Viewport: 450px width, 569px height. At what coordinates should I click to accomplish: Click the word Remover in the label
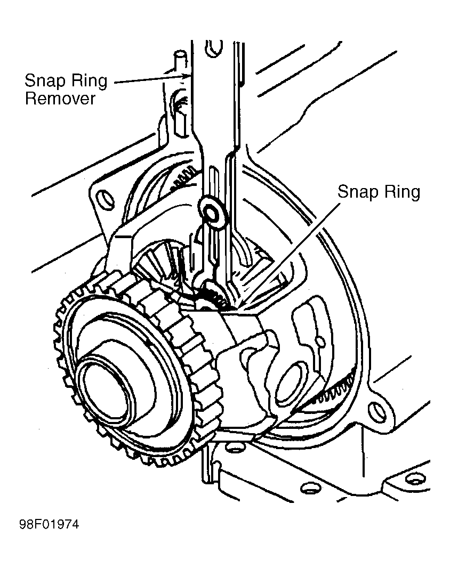(60, 99)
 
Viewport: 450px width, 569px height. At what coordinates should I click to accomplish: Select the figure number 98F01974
(49, 525)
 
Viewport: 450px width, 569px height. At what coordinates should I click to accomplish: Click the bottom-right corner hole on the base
(414, 480)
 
